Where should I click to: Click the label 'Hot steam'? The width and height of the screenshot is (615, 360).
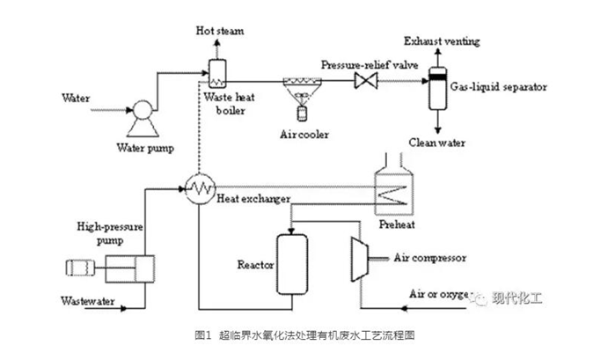(216, 33)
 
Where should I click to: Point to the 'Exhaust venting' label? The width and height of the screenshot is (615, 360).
(440, 40)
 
